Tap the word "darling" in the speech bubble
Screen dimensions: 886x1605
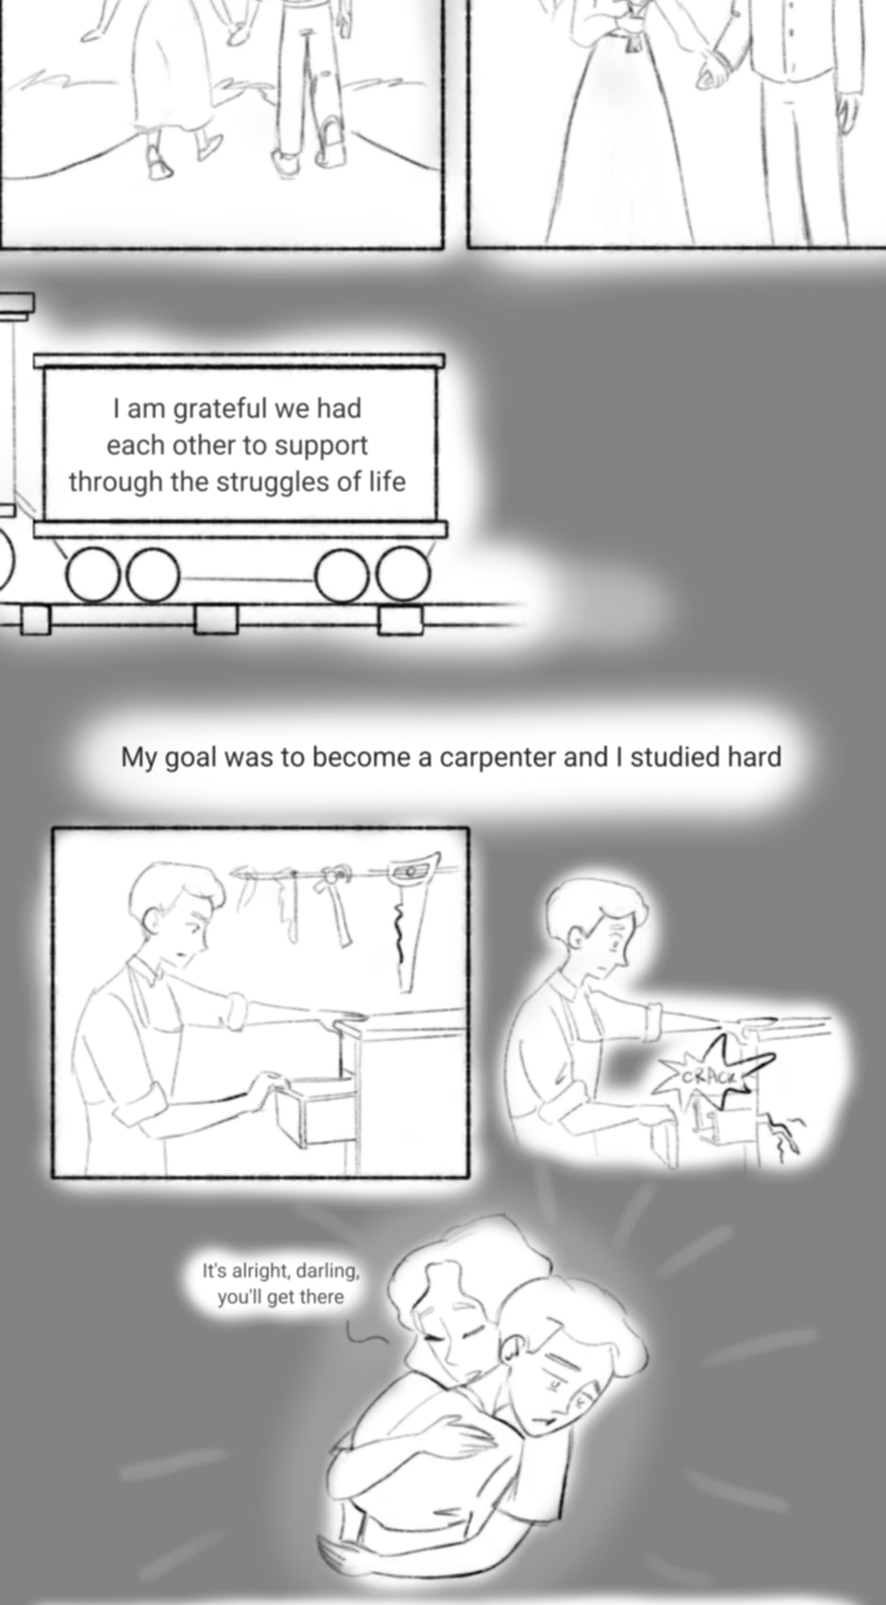click(327, 1271)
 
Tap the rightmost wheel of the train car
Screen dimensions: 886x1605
click(402, 574)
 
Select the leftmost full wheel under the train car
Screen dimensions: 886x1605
click(93, 574)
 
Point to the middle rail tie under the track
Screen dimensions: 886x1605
click(216, 619)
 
